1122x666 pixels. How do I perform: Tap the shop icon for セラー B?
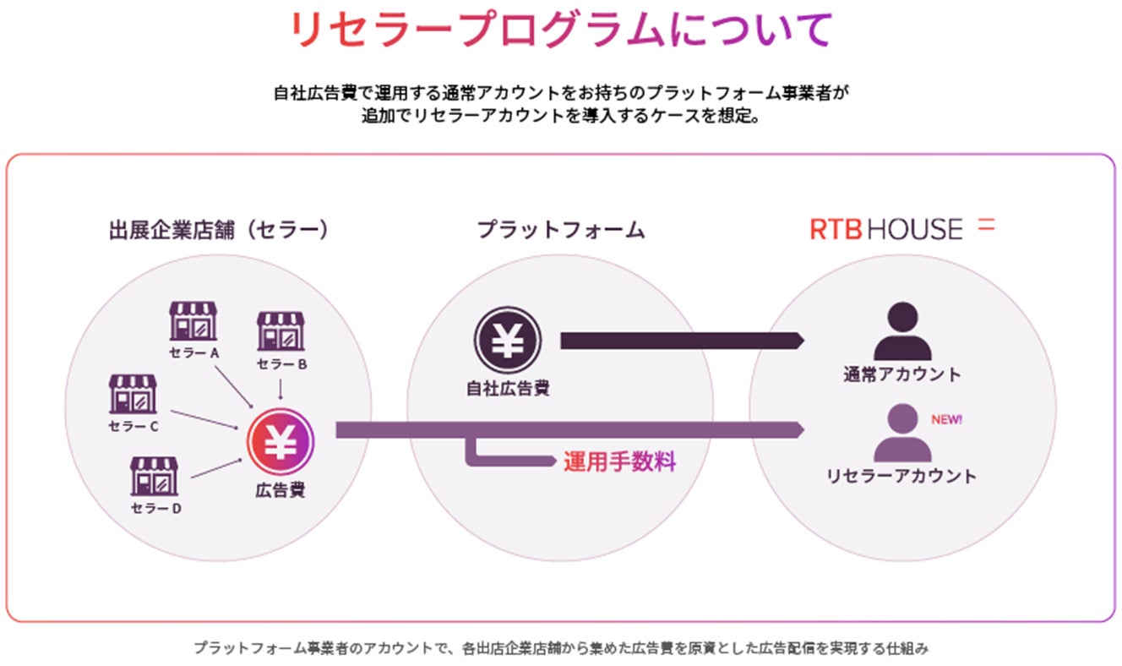pyautogui.click(x=280, y=330)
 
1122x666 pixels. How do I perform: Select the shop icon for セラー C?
pyautogui.click(x=133, y=394)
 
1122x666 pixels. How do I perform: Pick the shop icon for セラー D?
pyautogui.click(x=155, y=476)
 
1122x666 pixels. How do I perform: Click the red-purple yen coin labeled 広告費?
pyautogui.click(x=280, y=440)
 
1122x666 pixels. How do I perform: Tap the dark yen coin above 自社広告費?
pyautogui.click(x=507, y=340)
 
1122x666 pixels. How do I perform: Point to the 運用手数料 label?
pyautogui.click(x=619, y=463)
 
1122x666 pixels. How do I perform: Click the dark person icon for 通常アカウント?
pyautogui.click(x=901, y=332)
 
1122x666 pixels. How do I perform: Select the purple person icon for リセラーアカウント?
pyautogui.click(x=901, y=433)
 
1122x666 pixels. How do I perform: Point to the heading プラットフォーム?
pyautogui.click(x=560, y=229)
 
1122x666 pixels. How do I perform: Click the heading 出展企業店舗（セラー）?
pyautogui.click(x=218, y=229)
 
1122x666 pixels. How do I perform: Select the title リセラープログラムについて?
pyautogui.click(x=560, y=31)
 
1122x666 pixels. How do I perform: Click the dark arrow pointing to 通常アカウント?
pyautogui.click(x=681, y=341)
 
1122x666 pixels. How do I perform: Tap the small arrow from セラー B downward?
pyautogui.click(x=280, y=389)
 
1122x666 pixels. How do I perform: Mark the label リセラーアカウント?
pyautogui.click(x=901, y=476)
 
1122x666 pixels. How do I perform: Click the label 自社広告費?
pyautogui.click(x=508, y=389)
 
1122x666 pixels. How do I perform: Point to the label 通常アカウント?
pyautogui.click(x=901, y=374)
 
